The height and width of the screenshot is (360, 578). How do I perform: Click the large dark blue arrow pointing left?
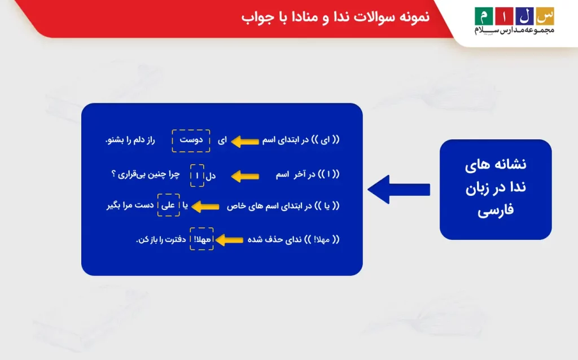pos(398,190)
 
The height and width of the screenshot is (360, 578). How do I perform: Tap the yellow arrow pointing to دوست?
pos(244,141)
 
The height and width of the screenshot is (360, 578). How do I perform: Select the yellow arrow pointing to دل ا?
pos(244,177)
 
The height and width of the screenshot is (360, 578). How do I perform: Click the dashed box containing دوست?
pos(191,141)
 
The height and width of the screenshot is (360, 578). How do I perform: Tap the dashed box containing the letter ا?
pos(197,175)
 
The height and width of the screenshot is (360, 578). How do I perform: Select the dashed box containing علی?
pos(168,206)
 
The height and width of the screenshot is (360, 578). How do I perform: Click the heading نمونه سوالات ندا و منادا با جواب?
pos(335,17)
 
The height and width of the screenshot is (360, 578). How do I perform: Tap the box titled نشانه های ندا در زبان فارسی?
pos(495,189)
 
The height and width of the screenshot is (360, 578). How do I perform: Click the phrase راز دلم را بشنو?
pos(130,140)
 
